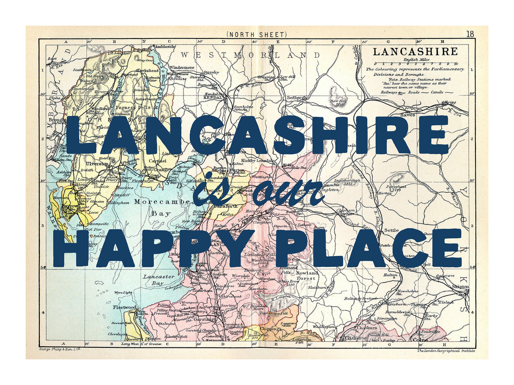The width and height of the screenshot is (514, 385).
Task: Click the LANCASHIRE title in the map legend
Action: [x=415, y=52]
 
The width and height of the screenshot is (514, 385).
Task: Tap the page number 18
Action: [x=470, y=34]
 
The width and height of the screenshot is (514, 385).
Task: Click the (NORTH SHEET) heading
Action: [x=257, y=34]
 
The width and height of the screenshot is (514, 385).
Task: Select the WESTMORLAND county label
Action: [x=251, y=55]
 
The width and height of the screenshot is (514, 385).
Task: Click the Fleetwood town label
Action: [x=125, y=307]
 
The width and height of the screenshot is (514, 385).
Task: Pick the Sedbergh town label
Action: [x=297, y=98]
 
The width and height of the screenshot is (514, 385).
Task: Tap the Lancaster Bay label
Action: [x=158, y=280]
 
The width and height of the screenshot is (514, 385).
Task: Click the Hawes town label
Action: [x=407, y=115]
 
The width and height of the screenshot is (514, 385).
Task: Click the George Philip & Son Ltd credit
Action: [x=60, y=349]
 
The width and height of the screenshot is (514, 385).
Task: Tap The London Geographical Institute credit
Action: [x=446, y=351]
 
